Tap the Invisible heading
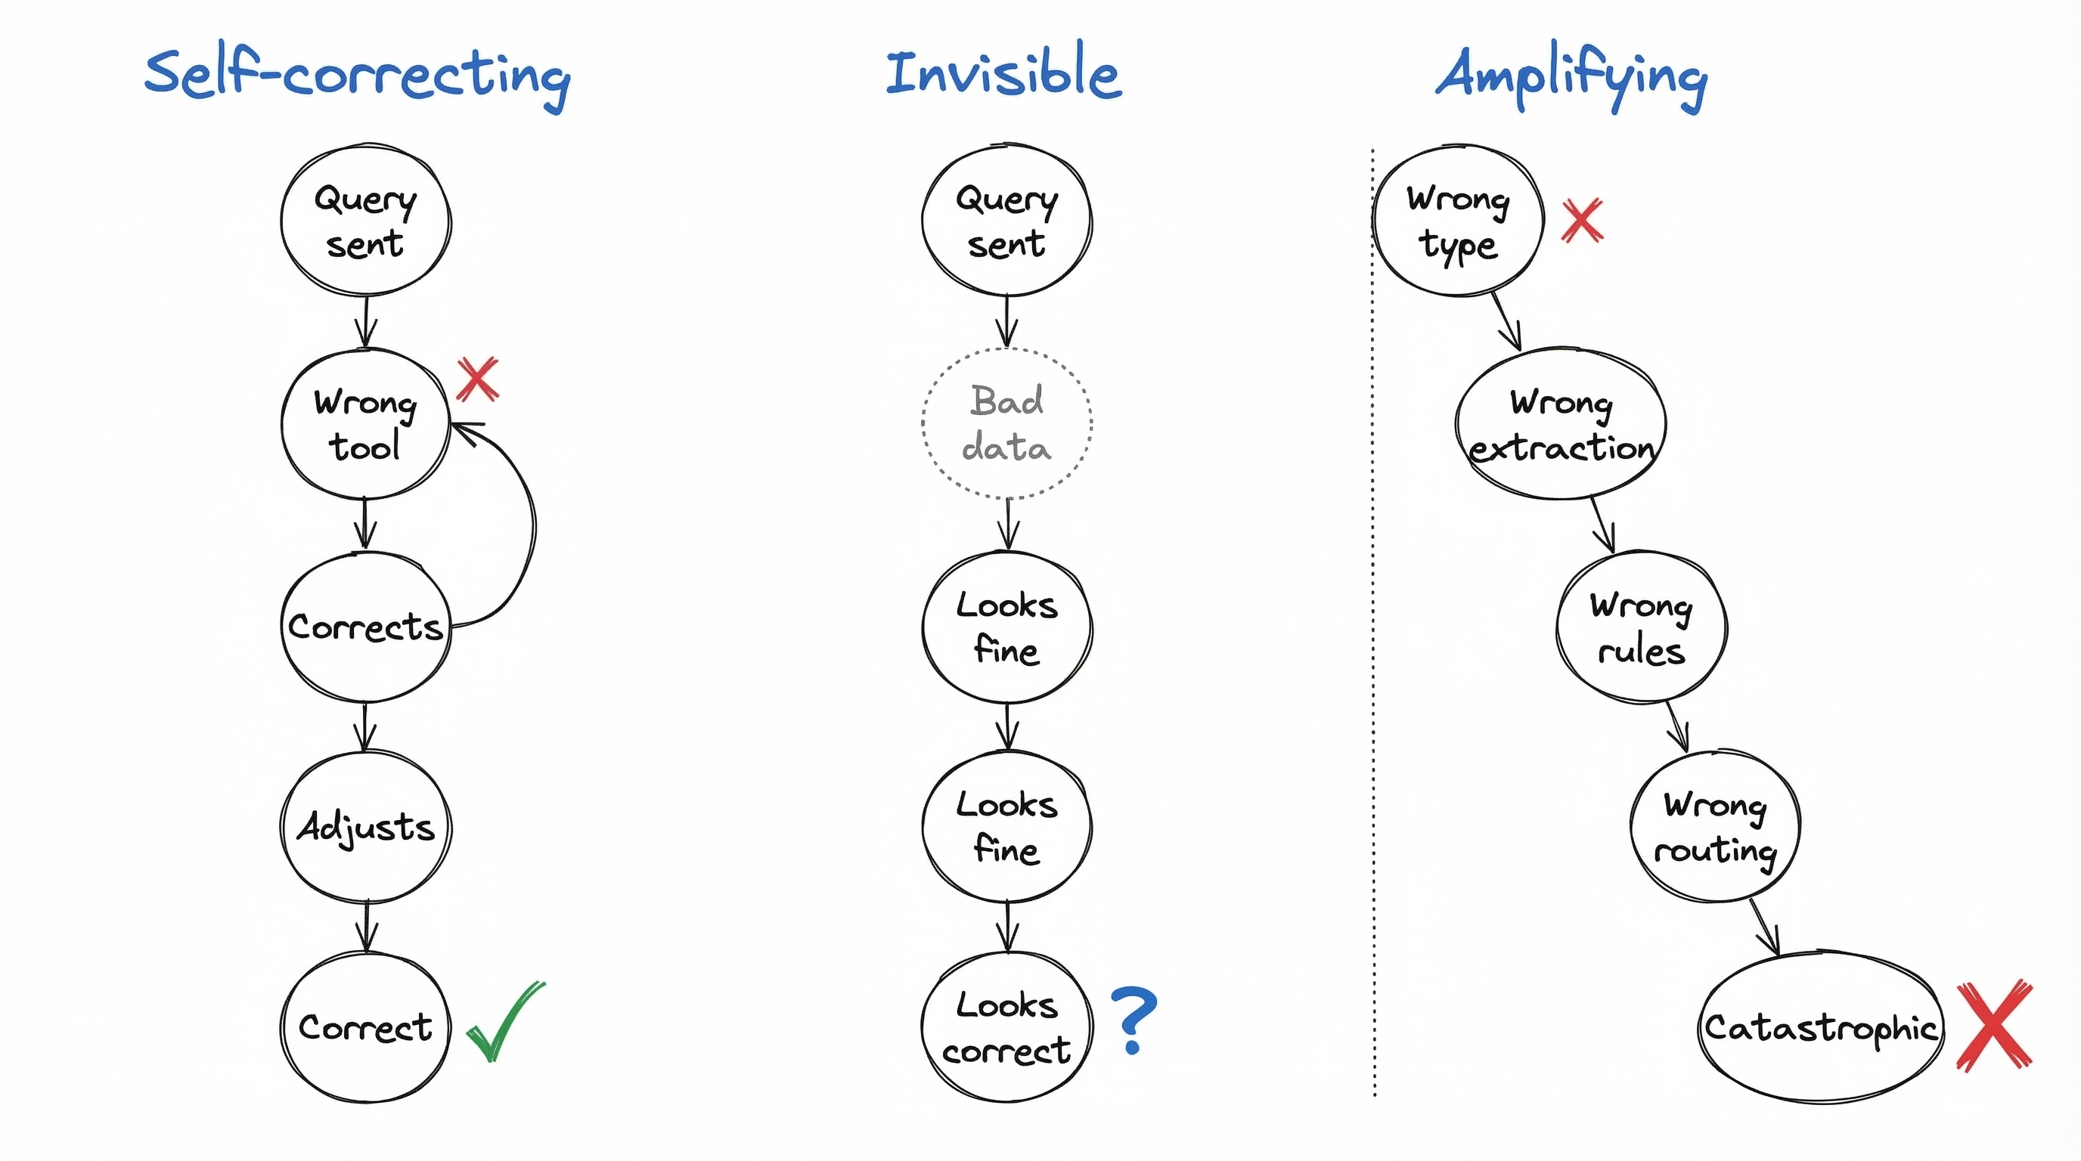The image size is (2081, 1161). [1003, 74]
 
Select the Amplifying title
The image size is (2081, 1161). [1571, 76]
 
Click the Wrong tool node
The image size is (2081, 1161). [365, 424]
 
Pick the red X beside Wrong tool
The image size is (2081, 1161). [477, 379]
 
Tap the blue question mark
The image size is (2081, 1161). [1134, 1019]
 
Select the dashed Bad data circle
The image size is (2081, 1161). [1006, 424]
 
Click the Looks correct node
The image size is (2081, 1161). [1006, 1027]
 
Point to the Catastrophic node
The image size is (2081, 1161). [1820, 1027]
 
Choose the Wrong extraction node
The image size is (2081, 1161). [1561, 424]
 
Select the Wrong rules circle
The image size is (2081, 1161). [1642, 627]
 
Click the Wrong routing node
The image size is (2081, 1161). [1715, 827]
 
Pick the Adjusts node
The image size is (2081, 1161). [365, 827]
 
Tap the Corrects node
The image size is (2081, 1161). [365, 627]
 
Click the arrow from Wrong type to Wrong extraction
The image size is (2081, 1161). [1506, 321]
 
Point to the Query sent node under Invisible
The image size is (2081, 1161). [1006, 221]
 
